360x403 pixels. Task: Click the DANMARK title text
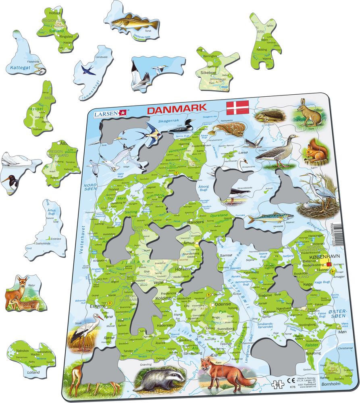click(x=177, y=109)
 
